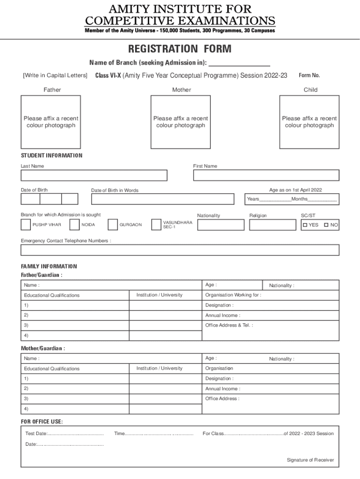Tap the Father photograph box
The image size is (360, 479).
(50, 122)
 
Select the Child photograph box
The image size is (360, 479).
(309, 122)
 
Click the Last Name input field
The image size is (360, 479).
(94, 175)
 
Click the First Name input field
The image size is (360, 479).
(266, 175)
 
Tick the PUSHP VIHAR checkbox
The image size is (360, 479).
(26, 225)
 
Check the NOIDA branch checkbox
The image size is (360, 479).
(74, 225)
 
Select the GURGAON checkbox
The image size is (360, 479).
(113, 225)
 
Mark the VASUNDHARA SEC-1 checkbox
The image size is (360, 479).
(156, 225)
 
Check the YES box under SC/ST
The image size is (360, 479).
(305, 225)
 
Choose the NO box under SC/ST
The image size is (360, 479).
(326, 225)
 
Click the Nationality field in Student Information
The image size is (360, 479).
(221, 225)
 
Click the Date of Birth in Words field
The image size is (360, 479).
(162, 199)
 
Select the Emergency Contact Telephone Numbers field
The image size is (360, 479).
(180, 250)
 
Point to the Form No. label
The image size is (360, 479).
(309, 75)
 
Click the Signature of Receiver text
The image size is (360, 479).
(310, 460)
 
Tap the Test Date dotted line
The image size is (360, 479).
(76, 434)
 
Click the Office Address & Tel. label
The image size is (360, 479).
(229, 325)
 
